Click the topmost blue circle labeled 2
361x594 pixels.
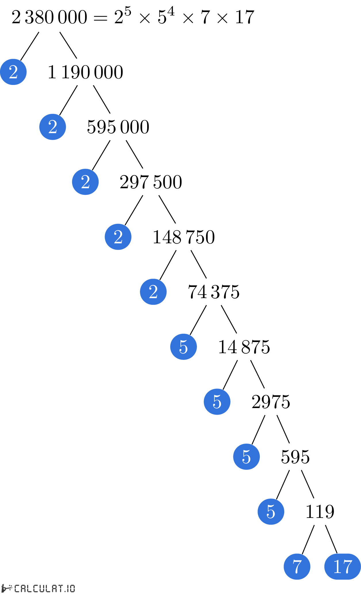coord(13,72)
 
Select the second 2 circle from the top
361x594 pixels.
coord(53,127)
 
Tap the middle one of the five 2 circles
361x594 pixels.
coord(85,182)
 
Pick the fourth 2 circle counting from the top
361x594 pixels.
coord(118,237)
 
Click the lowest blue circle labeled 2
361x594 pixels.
coord(153,292)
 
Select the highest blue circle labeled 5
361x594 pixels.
coord(183,347)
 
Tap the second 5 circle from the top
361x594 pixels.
coord(217,402)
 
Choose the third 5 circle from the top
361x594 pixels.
coord(246,457)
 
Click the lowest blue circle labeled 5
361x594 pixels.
coord(271,512)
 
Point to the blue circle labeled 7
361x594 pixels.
coord(297,566)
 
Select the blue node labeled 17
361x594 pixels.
coord(342,566)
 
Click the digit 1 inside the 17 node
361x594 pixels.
coord(337,567)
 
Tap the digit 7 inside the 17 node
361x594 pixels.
coord(347,567)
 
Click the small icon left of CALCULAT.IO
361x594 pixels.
coord(7,588)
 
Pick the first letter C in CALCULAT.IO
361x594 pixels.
coord(17,589)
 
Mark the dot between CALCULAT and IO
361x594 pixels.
coord(66,591)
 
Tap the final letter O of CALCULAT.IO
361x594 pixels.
coord(72,589)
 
